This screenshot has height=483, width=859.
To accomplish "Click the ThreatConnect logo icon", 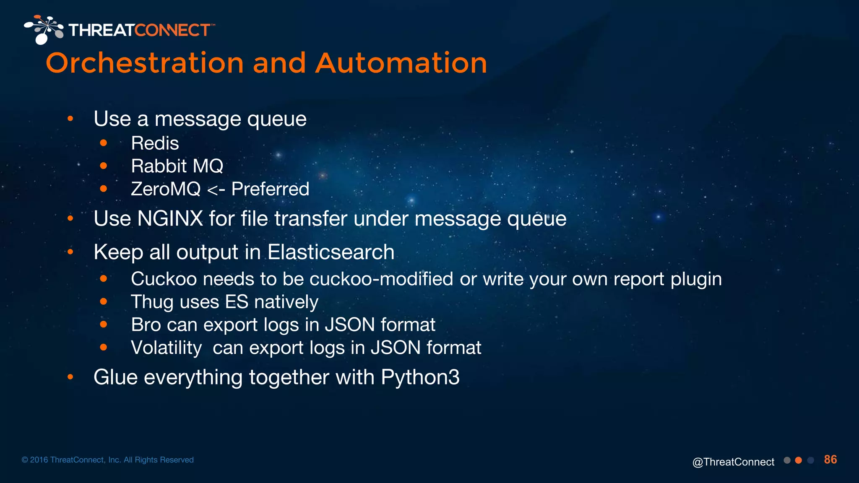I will pos(43,29).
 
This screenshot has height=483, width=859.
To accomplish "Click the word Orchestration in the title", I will pos(145,64).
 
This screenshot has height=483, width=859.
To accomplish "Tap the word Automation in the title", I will pos(401,64).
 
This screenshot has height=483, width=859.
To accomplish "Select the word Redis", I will pos(155,143).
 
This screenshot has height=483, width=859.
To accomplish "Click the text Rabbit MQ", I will pos(177,166).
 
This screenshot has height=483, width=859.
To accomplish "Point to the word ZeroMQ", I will pos(166,189).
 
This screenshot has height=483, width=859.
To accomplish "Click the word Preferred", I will pos(270,189).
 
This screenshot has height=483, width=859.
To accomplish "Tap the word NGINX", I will pos(170,218).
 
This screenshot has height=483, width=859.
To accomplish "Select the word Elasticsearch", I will pos(331,252).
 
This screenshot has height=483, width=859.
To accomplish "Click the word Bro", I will pos(145,325).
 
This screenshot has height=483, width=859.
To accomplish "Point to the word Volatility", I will pos(166,348).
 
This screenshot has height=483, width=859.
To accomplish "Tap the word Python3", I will pos(420,377).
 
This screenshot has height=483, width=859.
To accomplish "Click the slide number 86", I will pos(830,460).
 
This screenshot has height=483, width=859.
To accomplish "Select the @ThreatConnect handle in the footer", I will pos(733,462).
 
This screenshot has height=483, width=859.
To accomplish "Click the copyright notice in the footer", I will pos(107,460).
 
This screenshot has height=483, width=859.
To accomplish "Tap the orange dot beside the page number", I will pos(799,460).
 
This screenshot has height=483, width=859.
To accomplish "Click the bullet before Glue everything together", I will pos(70,377).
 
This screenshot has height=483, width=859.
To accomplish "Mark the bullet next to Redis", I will pos(104,143).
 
